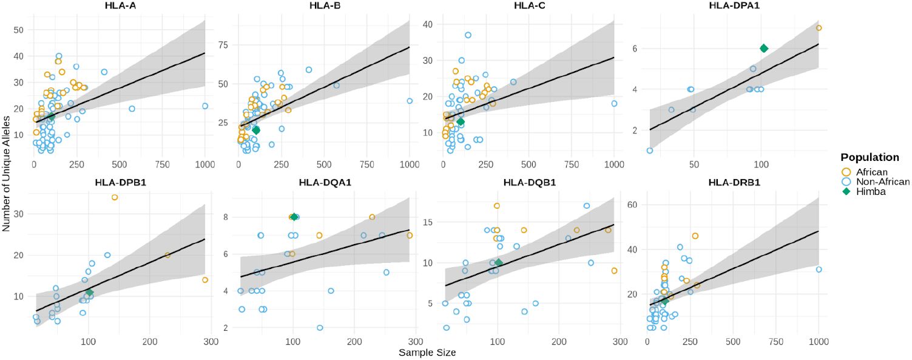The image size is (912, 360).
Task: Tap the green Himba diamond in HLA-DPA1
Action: point(764,49)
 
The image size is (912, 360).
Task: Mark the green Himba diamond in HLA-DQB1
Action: point(499,263)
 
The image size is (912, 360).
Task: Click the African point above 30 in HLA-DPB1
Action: point(115,197)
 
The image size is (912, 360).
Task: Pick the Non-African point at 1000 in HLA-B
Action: point(410,101)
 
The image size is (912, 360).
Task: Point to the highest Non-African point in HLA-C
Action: point(468,35)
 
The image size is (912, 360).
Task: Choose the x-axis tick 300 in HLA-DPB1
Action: point(211,341)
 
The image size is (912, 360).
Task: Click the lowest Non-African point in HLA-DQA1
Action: point(320,328)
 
